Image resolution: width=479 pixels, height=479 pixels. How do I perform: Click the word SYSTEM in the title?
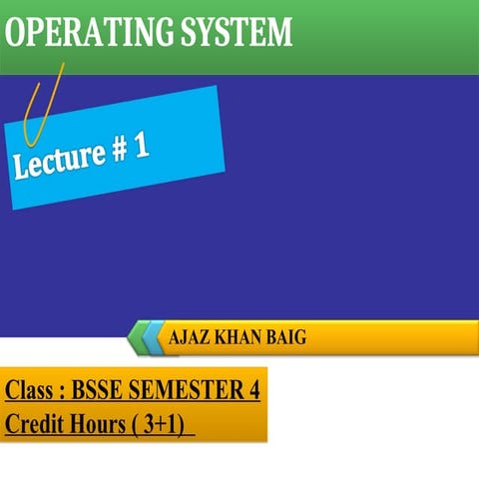pos(233,32)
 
